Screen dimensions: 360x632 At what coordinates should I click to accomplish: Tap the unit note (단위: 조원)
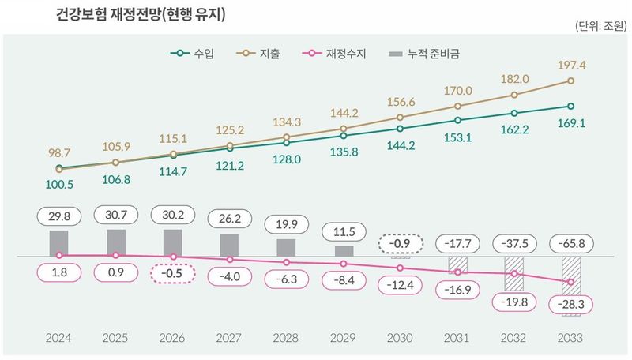[x=599, y=28]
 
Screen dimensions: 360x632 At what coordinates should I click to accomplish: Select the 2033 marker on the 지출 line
[x=570, y=81]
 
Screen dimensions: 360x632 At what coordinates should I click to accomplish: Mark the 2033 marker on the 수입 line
[x=570, y=106]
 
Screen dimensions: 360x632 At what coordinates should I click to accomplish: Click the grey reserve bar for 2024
[x=59, y=243]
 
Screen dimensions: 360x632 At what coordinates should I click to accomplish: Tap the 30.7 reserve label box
[x=116, y=215]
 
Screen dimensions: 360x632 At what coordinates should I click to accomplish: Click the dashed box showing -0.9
[x=400, y=242]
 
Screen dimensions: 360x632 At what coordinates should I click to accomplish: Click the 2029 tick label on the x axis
[x=343, y=338]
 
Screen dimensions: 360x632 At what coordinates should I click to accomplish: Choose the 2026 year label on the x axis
[x=173, y=338]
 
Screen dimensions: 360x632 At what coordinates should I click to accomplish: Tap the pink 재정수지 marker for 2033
[x=570, y=282]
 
